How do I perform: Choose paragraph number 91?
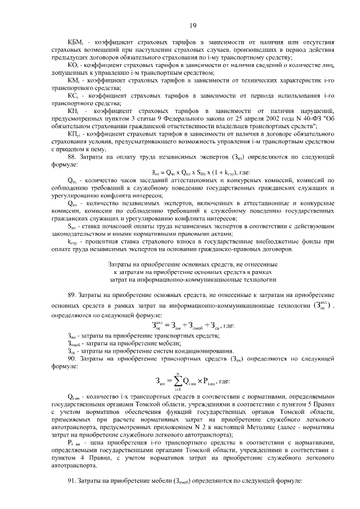[x=73, y=481]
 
